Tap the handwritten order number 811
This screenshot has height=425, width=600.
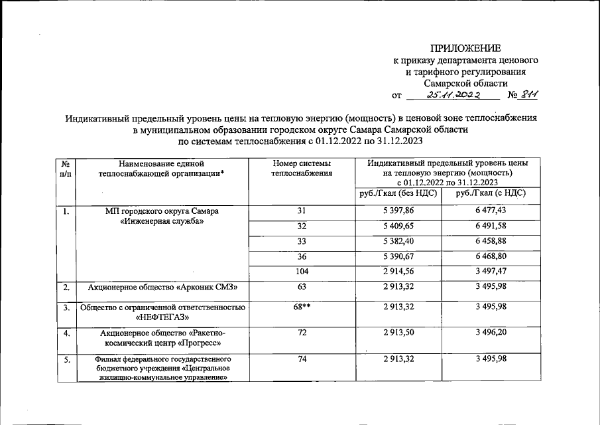(x=528, y=95)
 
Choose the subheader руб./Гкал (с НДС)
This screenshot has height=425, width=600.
(x=491, y=193)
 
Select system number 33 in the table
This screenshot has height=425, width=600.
(x=302, y=241)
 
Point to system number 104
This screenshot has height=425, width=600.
(x=302, y=272)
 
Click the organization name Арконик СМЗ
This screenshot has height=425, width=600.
(x=163, y=288)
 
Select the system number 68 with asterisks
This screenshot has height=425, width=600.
(x=302, y=307)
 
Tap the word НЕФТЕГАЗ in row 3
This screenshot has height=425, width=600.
(x=163, y=317)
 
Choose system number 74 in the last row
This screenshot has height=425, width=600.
(x=302, y=359)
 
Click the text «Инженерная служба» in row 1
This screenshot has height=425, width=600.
(x=163, y=221)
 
